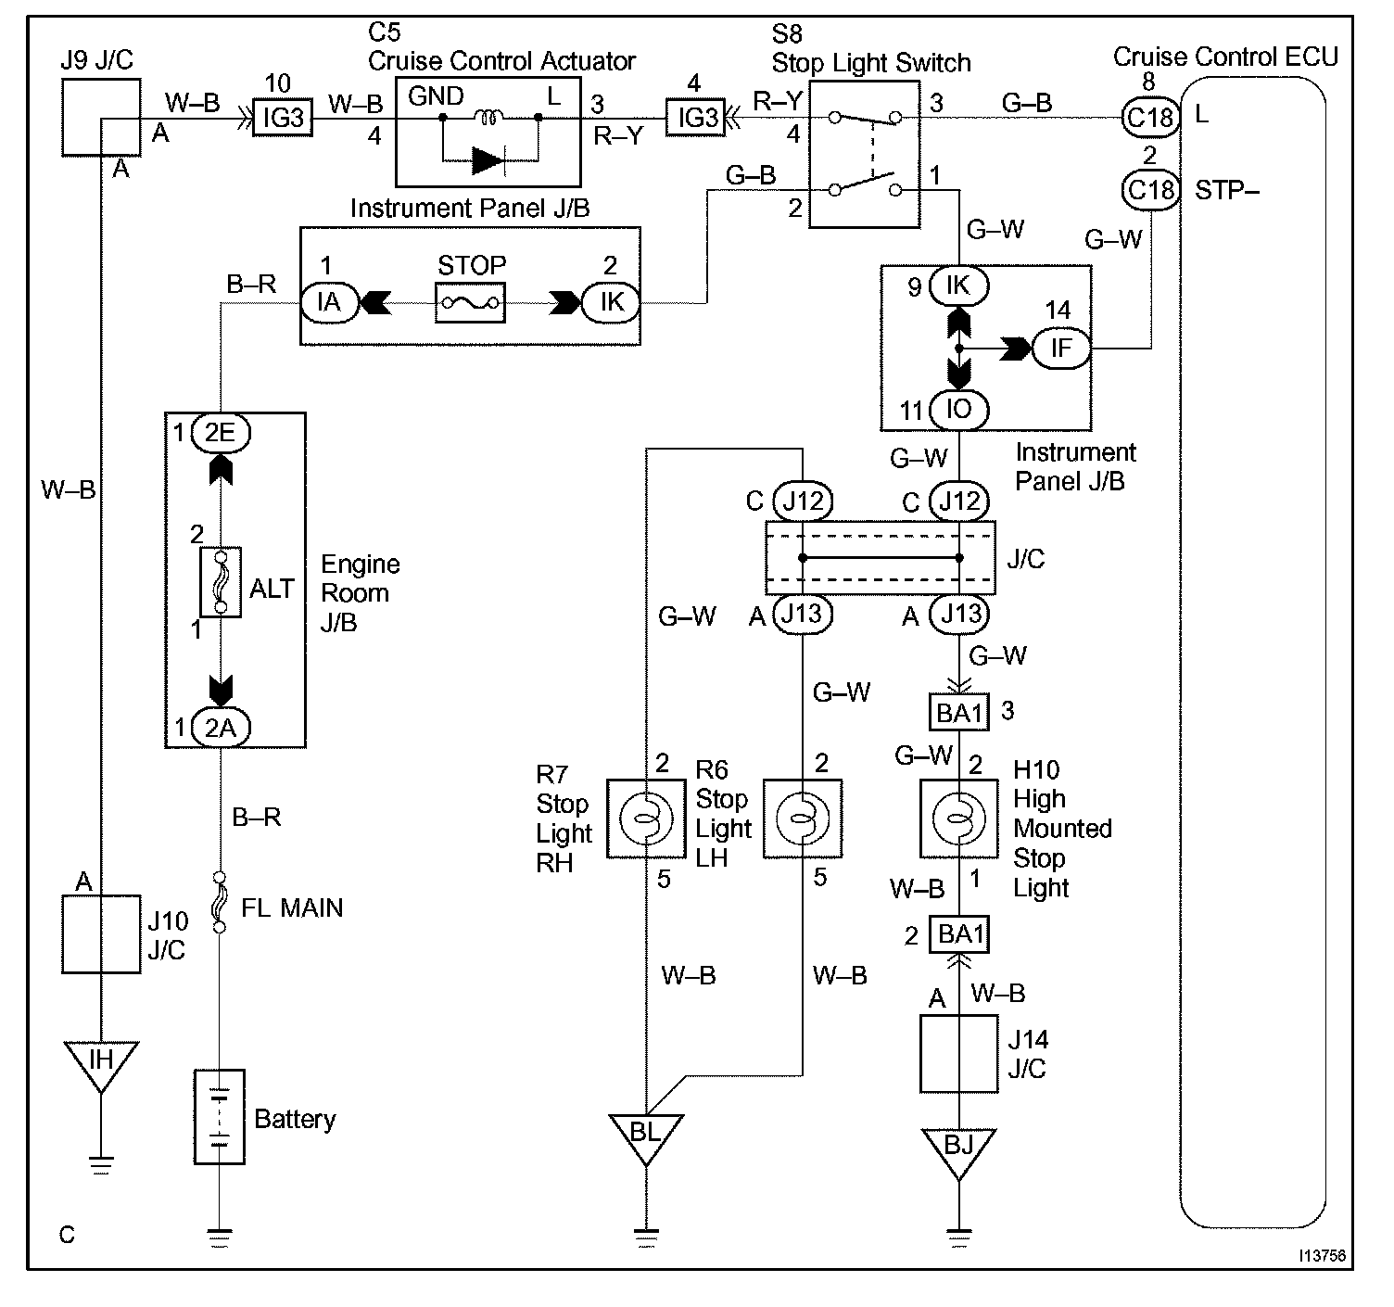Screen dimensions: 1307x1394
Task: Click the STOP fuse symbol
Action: point(470,302)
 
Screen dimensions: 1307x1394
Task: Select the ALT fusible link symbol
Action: point(221,581)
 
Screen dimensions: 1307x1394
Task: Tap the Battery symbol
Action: point(220,1116)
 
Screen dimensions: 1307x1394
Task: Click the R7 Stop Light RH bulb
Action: point(645,818)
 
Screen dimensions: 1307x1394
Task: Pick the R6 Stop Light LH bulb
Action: point(803,818)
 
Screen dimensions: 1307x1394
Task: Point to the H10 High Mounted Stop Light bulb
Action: point(958,818)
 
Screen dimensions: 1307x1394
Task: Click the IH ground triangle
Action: point(100,1062)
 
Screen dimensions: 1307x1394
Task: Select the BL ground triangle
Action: point(645,1135)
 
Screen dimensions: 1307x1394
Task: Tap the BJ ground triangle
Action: point(958,1148)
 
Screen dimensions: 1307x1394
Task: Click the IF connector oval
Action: point(1060,349)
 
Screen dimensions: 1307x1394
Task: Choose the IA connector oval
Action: point(329,302)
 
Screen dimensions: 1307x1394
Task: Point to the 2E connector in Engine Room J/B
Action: point(221,433)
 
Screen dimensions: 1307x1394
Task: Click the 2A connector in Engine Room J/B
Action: point(221,728)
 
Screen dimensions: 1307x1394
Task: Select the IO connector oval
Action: point(958,409)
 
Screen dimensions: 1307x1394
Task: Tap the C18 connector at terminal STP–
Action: point(1150,190)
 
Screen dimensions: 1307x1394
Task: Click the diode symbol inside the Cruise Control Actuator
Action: point(488,161)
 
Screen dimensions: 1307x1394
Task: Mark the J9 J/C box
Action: point(101,117)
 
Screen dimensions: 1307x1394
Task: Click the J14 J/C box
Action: point(958,1053)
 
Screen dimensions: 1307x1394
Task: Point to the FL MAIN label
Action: point(292,907)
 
